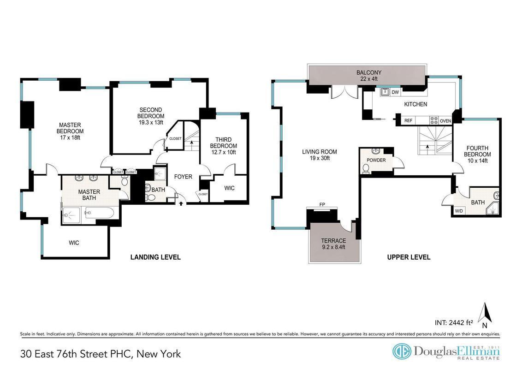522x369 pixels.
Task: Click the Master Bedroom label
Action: (70, 128)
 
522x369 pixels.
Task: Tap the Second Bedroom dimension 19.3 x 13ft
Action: (151, 122)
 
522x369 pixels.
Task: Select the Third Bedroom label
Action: (223, 143)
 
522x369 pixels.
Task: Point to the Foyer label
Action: (183, 177)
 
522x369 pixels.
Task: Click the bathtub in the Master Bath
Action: (100, 213)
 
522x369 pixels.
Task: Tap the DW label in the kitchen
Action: (395, 92)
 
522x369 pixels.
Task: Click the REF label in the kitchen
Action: (408, 120)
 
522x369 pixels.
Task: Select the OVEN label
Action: (445, 121)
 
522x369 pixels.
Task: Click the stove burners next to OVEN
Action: (434, 120)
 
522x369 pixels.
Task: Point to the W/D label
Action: (459, 211)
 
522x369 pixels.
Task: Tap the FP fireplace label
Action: (322, 204)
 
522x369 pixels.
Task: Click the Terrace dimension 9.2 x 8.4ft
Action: (333, 247)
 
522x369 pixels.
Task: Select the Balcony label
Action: (369, 72)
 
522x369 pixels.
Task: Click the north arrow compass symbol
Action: (485, 315)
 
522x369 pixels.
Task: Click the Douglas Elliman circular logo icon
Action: (401, 351)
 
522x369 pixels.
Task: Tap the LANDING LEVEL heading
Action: (155, 257)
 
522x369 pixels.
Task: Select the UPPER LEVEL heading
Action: (409, 257)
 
